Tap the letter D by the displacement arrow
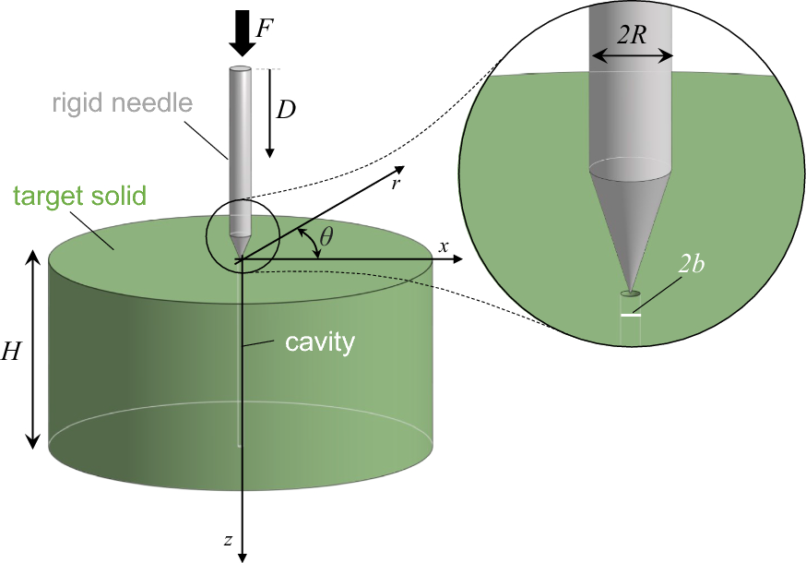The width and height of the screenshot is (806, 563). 287,110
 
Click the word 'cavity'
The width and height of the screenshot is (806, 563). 320,343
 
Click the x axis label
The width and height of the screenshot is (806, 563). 444,246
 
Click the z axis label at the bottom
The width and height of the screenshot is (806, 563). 228,541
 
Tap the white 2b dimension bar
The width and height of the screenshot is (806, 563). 631,315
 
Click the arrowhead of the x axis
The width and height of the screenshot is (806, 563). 456,260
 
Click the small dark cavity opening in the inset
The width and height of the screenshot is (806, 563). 631,293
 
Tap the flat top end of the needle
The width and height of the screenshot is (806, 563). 241,69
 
